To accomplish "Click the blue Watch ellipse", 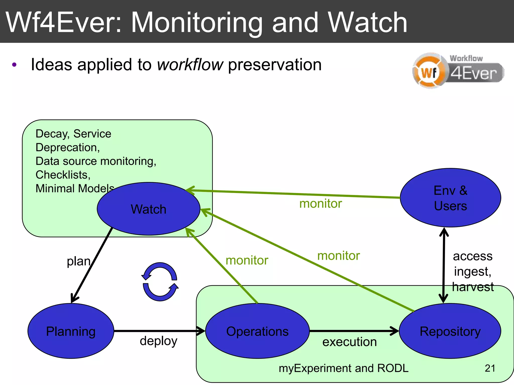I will pyautogui.click(x=148, y=209).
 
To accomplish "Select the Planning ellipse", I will pyautogui.click(x=71, y=331).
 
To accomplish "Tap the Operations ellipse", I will pyautogui.click(x=257, y=331).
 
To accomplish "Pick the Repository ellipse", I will pyautogui.click(x=450, y=331).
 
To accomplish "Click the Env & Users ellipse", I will pyautogui.click(x=450, y=198).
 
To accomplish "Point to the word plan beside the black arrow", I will pyautogui.click(x=79, y=261).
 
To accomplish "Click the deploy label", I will pyautogui.click(x=158, y=341).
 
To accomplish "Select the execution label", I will pyautogui.click(x=349, y=342).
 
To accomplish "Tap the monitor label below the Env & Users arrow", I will pyautogui.click(x=320, y=203).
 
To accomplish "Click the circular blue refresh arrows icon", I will pyautogui.click(x=160, y=282).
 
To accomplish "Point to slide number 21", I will pyautogui.click(x=490, y=368).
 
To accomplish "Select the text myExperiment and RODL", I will pyautogui.click(x=343, y=368).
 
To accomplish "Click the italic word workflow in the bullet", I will pyautogui.click(x=190, y=65).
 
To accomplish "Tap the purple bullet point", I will pyautogui.click(x=14, y=65).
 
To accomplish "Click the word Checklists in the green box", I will pyautogui.click(x=63, y=175).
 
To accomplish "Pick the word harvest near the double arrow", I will pyautogui.click(x=473, y=287).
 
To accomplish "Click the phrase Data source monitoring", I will pyautogui.click(x=96, y=161).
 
